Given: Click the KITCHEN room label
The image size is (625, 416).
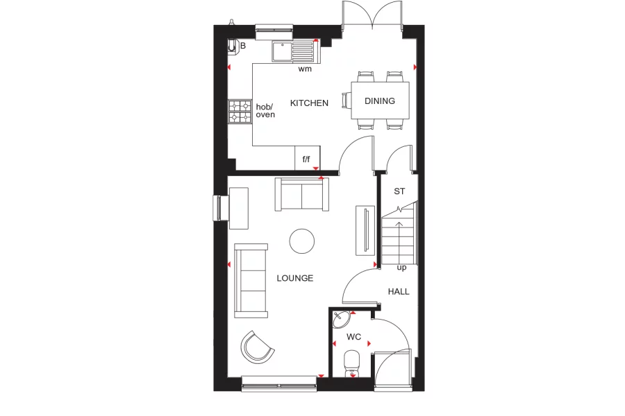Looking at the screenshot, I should coord(309,103).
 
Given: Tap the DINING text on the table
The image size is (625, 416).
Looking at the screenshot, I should coord(380,101).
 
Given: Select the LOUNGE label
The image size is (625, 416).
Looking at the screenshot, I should coord(295,278).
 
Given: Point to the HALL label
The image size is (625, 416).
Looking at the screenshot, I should coord(399,291).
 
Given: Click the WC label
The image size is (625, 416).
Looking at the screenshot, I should coord(354,338).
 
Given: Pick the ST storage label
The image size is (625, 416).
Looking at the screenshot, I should coord(399,191).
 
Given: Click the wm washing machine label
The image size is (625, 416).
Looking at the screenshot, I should coord(305,69).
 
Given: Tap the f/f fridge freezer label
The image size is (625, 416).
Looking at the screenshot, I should coord(306,159).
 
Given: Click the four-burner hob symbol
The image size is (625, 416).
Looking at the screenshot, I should coord(240,112).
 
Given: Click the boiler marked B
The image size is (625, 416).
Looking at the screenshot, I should coord(234,46).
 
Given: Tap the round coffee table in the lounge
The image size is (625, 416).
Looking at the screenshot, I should coord(301,241).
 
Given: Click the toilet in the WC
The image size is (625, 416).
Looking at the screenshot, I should coord(352,363).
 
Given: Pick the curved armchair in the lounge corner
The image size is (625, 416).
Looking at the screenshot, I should coord(257,347).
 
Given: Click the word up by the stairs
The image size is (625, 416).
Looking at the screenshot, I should coord(401,268).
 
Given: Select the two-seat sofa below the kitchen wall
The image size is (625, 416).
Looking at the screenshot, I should coord(301,195).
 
